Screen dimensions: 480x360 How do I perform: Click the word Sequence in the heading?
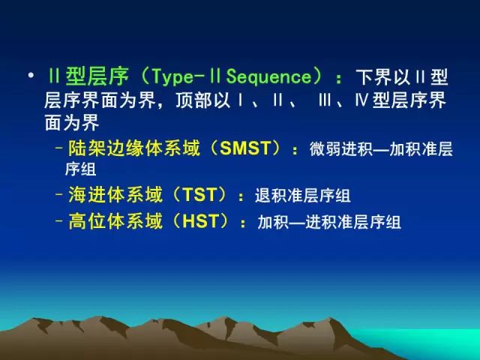click(x=268, y=76)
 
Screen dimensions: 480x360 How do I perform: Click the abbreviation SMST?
click(x=245, y=148)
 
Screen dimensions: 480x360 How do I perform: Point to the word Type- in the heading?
click(x=173, y=77)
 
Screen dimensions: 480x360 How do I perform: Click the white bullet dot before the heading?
click(x=31, y=75)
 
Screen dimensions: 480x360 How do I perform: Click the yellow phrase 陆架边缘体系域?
click(x=133, y=148)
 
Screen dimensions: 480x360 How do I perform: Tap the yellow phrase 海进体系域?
click(x=115, y=195)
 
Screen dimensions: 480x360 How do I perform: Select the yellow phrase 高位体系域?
click(x=115, y=221)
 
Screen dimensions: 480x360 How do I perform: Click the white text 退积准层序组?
click(x=303, y=195)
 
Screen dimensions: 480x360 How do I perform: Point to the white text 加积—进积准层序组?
click(x=329, y=222)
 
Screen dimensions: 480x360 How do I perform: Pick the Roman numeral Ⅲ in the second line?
click(x=325, y=100)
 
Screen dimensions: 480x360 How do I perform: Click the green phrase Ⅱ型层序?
click(x=88, y=76)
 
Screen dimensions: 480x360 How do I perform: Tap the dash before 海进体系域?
click(x=59, y=194)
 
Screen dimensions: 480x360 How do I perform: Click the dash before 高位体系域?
click(x=59, y=220)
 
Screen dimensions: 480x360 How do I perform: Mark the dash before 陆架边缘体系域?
click(x=59, y=148)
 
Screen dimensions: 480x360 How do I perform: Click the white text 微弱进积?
click(x=341, y=149)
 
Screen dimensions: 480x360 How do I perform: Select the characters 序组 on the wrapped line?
click(x=81, y=169)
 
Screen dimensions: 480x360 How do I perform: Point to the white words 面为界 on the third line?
click(x=72, y=122)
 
